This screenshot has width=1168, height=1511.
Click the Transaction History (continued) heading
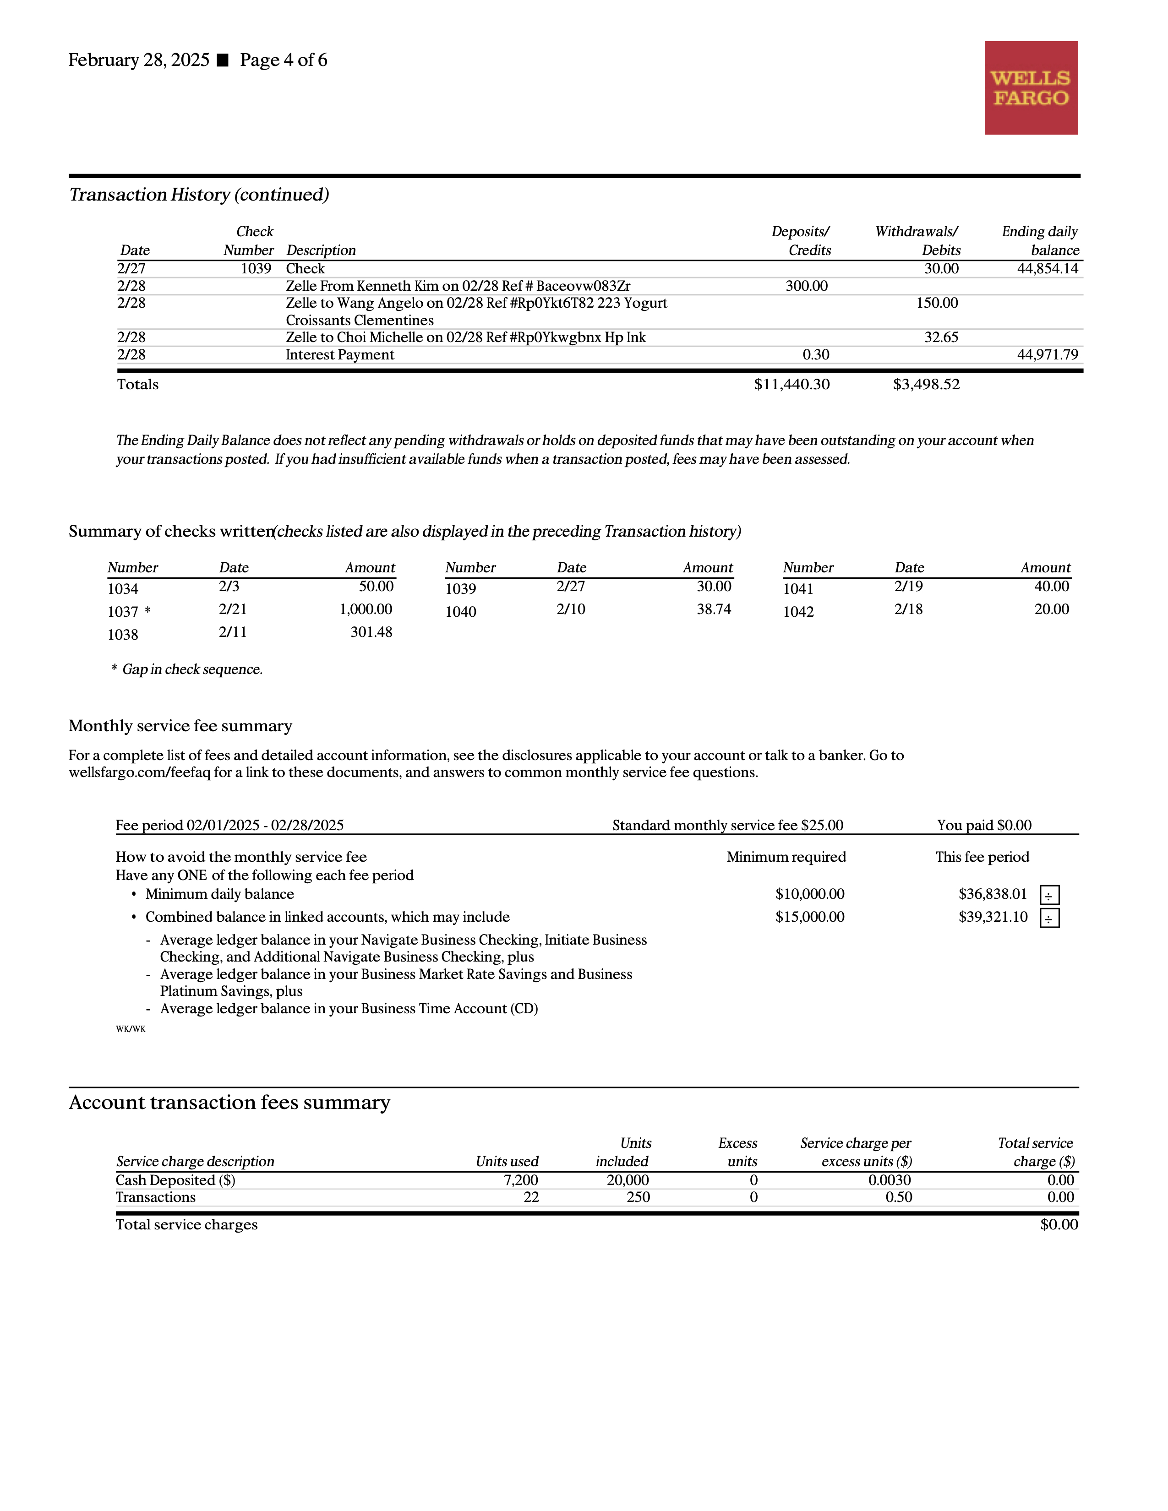pyautogui.click(x=199, y=195)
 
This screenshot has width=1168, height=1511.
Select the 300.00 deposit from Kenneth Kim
pyautogui.click(x=806, y=286)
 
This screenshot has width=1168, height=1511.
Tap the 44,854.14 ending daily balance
pyautogui.click(x=1047, y=268)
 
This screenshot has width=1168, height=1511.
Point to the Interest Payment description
pyautogui.click(x=340, y=355)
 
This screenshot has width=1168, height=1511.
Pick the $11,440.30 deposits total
pyautogui.click(x=791, y=385)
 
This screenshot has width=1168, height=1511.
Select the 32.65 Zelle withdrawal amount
pyautogui.click(x=941, y=337)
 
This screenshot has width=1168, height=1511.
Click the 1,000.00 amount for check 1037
pyautogui.click(x=366, y=609)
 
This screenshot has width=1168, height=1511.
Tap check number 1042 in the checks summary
pyautogui.click(x=798, y=612)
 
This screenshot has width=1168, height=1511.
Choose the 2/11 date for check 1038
pyautogui.click(x=233, y=632)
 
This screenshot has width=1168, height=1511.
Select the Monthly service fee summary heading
pyautogui.click(x=180, y=726)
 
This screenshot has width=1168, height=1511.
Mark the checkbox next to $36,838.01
pyautogui.click(x=1049, y=895)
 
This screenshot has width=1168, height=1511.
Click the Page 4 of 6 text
pyautogui.click(x=284, y=60)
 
